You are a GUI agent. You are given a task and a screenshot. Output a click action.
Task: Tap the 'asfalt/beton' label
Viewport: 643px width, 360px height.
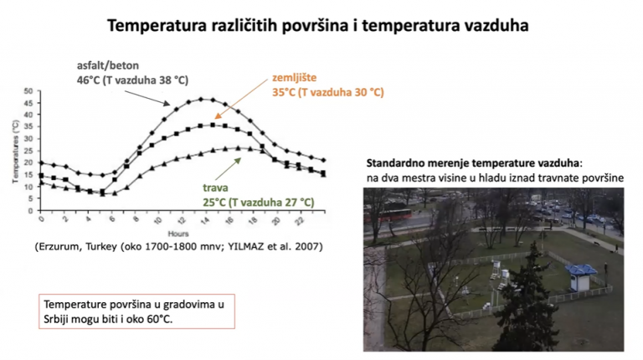point(108,65)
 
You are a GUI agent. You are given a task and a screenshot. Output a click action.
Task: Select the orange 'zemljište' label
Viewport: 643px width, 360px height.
point(295,78)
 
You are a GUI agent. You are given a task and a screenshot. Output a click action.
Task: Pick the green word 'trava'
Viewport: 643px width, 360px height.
point(215,188)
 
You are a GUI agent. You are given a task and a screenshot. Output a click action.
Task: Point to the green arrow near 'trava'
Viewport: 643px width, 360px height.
point(231,169)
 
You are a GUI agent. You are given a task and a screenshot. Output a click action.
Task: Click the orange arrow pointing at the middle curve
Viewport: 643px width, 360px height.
point(241,100)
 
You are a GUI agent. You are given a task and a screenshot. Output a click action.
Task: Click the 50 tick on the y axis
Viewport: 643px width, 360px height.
point(28,91)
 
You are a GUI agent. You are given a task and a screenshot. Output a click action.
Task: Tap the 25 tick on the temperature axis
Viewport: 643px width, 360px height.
point(28,151)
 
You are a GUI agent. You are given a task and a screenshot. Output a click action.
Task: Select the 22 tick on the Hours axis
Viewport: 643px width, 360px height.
point(301,220)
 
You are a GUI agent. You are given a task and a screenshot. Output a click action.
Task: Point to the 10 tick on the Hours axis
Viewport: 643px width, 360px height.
point(158,220)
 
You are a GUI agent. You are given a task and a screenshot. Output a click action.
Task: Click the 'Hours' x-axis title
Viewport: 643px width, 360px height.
point(178,234)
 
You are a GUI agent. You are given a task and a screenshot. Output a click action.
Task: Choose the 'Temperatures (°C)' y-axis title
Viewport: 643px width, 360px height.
point(16,152)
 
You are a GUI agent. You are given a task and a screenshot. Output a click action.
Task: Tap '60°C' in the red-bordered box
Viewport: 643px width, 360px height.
point(160,319)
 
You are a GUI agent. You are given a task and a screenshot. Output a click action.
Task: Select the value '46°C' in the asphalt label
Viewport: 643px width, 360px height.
point(88,80)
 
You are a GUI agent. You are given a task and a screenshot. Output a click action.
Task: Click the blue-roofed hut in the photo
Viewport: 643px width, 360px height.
point(581,277)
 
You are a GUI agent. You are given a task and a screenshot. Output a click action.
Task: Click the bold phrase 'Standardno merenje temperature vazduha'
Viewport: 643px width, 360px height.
point(473,163)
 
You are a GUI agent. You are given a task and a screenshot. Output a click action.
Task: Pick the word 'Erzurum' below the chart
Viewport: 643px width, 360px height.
point(59,247)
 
